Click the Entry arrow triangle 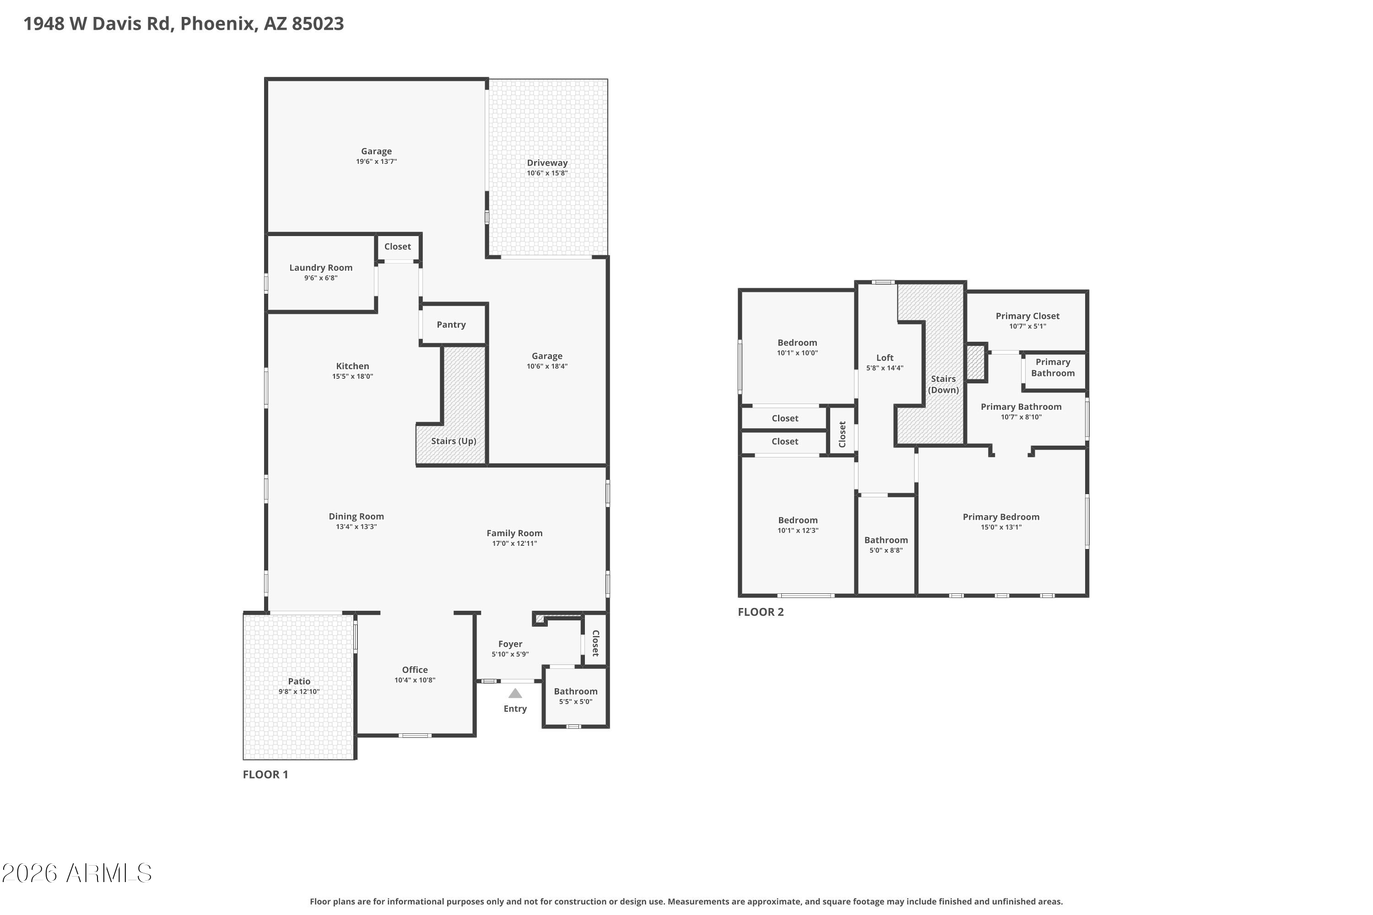515,693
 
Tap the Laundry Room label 321,268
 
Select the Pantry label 451,324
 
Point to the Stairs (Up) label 454,441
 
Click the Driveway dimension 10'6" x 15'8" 547,173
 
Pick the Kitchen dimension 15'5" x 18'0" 352,377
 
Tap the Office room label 415,670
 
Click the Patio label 299,681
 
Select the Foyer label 510,644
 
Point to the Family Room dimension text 514,544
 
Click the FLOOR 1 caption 265,775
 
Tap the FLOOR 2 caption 761,612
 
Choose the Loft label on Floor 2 885,358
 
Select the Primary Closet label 1027,316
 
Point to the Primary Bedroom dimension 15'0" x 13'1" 1001,527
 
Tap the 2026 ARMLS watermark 76,873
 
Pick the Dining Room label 356,517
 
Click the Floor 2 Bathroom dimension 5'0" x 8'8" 886,550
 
